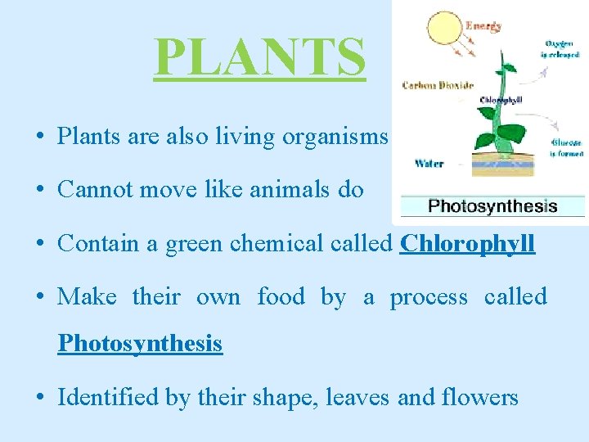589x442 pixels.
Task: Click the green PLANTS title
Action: click(x=259, y=56)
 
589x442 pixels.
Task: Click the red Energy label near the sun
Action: click(x=483, y=26)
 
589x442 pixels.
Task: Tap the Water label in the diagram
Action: click(x=429, y=163)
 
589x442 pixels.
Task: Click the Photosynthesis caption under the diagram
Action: click(x=492, y=206)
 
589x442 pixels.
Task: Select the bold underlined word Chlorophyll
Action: click(x=467, y=244)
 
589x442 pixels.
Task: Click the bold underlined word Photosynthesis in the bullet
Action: click(x=140, y=343)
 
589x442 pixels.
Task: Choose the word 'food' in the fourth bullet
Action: click(x=280, y=296)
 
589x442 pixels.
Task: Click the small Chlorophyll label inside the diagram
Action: click(x=501, y=100)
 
